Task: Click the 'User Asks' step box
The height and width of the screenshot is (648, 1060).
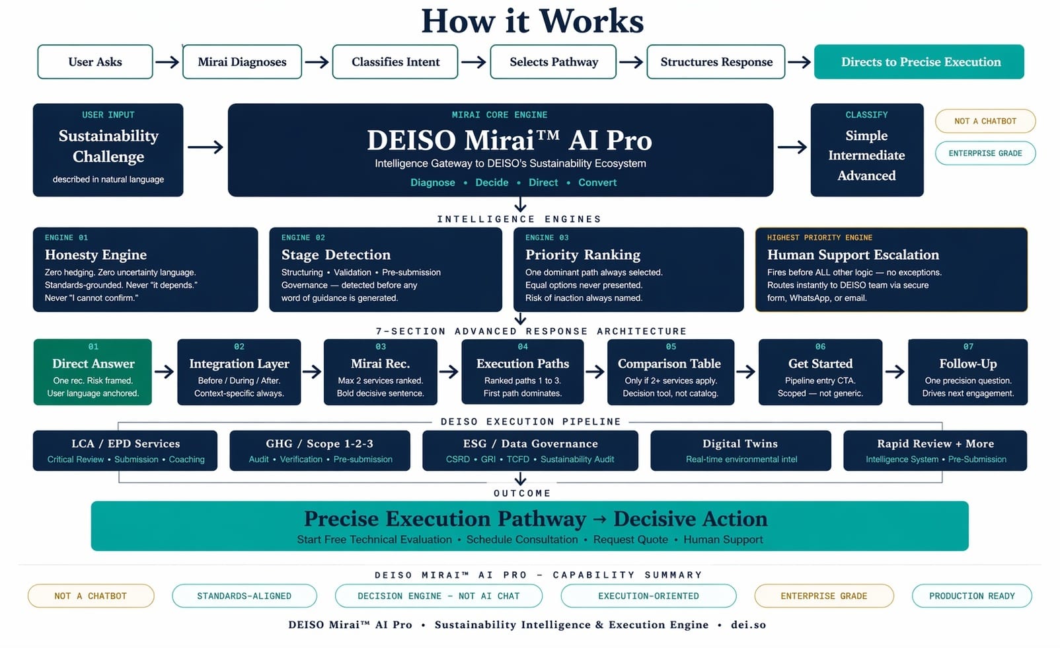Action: pos(95,62)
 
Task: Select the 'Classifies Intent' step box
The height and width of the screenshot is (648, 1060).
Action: pos(395,62)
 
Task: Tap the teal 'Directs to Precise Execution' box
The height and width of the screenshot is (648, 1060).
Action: pos(919,62)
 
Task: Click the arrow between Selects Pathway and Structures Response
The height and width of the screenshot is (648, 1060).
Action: pos(631,62)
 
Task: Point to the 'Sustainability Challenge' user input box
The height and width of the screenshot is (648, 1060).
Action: pos(108,150)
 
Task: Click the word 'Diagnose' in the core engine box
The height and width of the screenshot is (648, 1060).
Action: pos(432,182)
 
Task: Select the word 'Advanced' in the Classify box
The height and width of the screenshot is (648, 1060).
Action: pos(866,176)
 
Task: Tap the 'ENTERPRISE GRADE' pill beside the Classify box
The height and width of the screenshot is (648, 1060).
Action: pos(985,153)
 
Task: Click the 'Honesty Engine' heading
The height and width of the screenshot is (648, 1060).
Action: pos(96,255)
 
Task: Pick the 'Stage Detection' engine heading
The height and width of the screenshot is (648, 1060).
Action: pos(336,255)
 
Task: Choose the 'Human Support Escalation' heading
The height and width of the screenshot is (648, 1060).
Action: pos(852,255)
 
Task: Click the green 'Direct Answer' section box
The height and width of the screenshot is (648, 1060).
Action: pos(93,372)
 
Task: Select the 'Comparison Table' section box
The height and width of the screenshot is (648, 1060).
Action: pos(669,372)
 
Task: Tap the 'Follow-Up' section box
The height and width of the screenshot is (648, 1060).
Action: pos(967,372)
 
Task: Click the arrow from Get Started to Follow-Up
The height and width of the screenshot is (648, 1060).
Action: pos(895,372)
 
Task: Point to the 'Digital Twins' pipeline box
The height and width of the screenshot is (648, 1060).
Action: pos(740,450)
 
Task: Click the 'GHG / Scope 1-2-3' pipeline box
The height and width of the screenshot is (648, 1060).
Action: pos(320,450)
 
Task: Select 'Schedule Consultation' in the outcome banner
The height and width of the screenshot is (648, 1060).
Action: pos(522,540)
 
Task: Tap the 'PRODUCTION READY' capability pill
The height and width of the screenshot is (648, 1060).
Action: pos(971,596)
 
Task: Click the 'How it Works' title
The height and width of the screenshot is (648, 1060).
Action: pos(532,21)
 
